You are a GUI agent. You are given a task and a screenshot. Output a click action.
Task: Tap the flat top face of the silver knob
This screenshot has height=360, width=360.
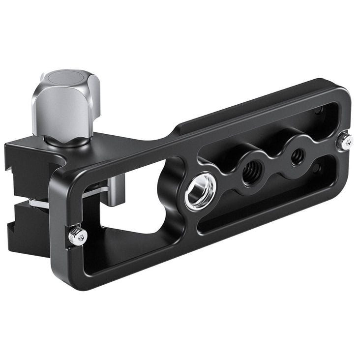[x=64, y=79]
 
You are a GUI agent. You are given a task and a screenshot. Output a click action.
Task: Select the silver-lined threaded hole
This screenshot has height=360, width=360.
[x=200, y=191]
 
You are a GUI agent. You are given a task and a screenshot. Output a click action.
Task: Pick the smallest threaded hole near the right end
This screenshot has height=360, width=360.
[x=297, y=157]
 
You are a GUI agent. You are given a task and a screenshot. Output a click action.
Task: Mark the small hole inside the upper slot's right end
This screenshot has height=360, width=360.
[x=319, y=110]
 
